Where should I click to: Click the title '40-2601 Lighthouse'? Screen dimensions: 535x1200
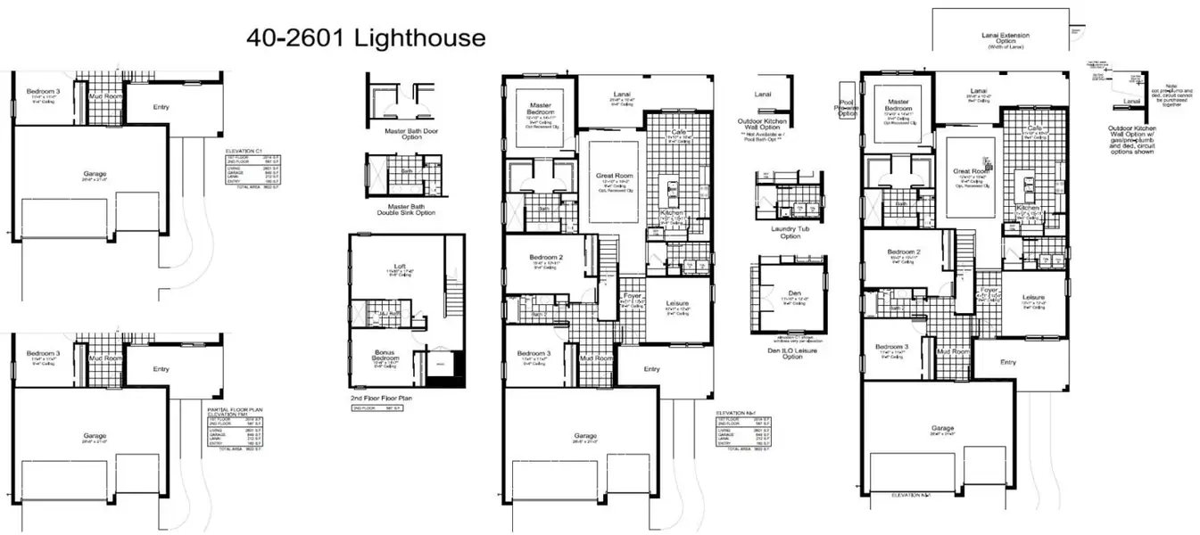pyautogui.click(x=366, y=38)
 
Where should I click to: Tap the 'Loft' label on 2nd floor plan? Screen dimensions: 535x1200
pyautogui.click(x=401, y=267)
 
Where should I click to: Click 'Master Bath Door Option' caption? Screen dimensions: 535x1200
pyautogui.click(x=401, y=135)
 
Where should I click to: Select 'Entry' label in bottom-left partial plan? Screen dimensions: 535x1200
pyautogui.click(x=161, y=368)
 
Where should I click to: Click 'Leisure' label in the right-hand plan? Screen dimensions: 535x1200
pyautogui.click(x=1033, y=297)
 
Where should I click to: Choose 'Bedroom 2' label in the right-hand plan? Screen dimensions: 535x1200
pyautogui.click(x=903, y=252)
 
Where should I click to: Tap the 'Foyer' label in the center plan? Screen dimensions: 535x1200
pyautogui.click(x=633, y=295)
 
